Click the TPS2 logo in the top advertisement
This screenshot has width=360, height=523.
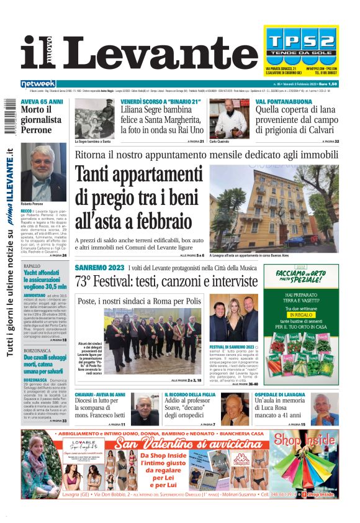coord(300,44)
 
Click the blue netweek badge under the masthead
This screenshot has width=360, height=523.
coord(38,84)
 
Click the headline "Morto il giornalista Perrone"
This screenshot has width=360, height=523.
coord(41,120)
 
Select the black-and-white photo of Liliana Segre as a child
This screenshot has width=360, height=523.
coord(94,119)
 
